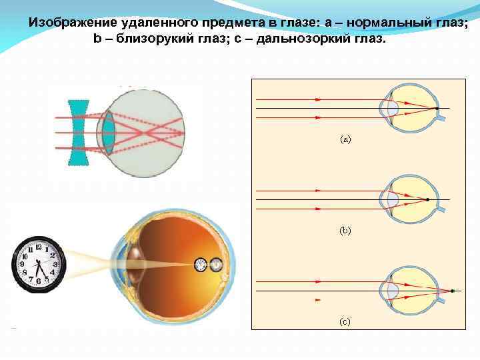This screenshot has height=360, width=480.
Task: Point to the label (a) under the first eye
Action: tap(345, 139)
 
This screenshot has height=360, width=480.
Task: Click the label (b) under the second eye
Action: tap(345, 231)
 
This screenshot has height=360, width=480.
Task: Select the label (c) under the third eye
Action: tap(345, 321)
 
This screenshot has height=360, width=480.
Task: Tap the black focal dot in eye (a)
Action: tap(437, 108)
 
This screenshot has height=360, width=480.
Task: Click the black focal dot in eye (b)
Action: tap(427, 200)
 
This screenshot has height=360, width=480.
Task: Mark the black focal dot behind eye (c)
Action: tap(453, 291)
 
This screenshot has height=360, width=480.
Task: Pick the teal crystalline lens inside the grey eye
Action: tap(107, 133)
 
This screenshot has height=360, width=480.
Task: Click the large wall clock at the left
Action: tap(39, 265)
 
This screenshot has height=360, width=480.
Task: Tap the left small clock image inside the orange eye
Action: tap(201, 265)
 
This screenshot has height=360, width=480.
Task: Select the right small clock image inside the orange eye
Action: tap(216, 265)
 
